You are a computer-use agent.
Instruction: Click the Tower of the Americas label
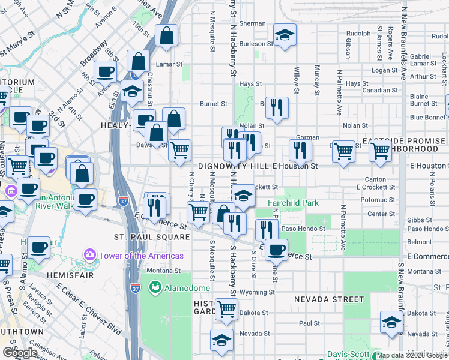click(142, 256)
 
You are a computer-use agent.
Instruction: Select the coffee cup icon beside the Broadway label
click(106, 72)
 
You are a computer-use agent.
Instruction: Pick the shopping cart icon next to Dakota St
click(226, 309)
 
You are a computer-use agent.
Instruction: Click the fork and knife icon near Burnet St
click(277, 108)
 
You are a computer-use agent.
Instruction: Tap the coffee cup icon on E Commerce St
click(276, 249)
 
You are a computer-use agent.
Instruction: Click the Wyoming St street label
click(257, 293)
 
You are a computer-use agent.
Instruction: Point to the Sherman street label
click(252, 23)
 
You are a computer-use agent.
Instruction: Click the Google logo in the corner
click(20, 353)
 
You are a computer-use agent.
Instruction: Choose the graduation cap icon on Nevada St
click(221, 339)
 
